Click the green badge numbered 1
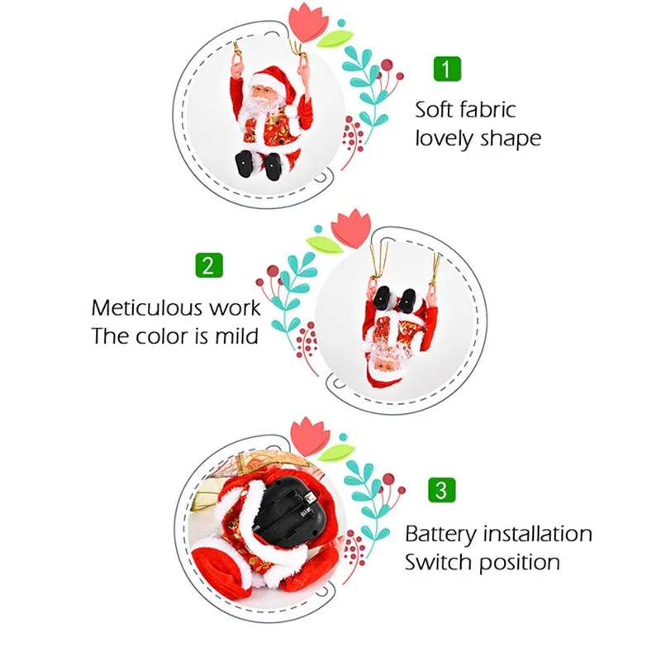tap(446, 69)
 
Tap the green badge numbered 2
tap(208, 265)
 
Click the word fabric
tap(489, 109)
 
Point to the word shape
tap(512, 139)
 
